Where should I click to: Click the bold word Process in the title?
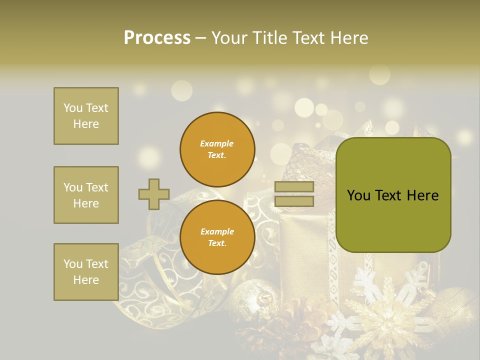157,38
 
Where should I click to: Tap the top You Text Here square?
86,116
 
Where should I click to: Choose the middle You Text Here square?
86,195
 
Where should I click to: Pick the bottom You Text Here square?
86,272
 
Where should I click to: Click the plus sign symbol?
154,194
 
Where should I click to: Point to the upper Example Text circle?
217,149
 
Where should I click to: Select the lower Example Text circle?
217,237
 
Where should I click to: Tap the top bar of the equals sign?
294,187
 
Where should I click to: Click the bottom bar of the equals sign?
294,201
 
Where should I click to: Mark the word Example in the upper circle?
217,144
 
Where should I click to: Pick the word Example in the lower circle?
217,232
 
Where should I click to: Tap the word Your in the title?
231,38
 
